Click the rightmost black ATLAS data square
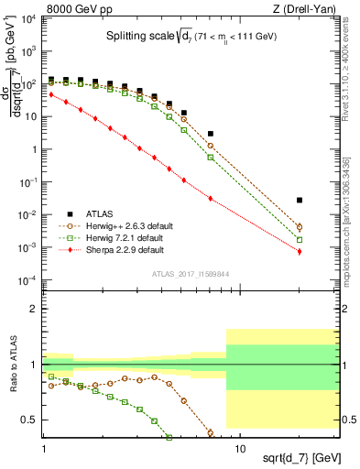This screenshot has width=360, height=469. (x=300, y=200)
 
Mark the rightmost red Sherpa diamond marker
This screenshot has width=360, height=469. (x=300, y=252)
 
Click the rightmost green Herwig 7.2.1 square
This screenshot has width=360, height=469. (x=300, y=239)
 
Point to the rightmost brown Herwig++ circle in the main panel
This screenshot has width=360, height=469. (x=300, y=227)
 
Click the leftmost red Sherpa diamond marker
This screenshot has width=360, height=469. (x=51, y=93)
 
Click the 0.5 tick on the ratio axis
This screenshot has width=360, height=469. (x=31, y=420)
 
